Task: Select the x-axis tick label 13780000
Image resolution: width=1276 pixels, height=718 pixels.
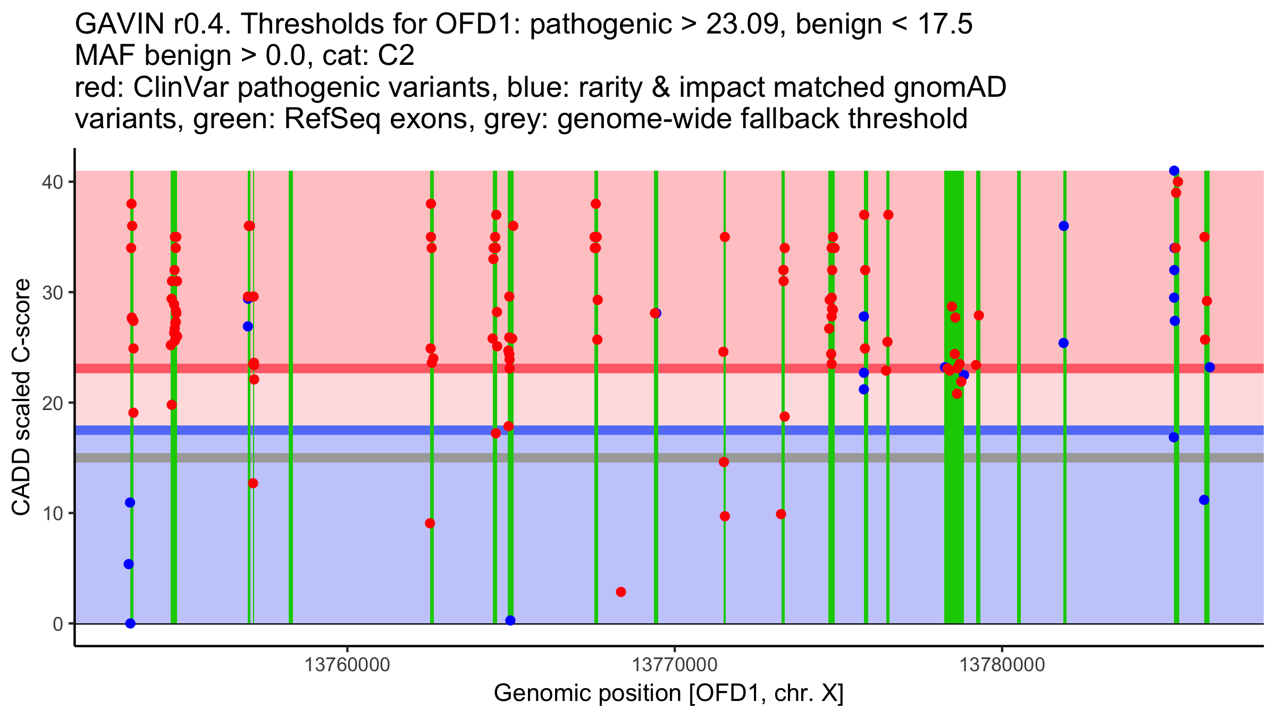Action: click(1002, 665)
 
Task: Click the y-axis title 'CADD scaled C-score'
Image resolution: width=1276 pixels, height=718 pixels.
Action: click(21, 397)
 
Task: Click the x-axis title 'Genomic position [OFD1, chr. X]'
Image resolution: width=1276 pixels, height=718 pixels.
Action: click(669, 694)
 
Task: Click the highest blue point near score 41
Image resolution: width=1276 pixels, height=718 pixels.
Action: click(1174, 171)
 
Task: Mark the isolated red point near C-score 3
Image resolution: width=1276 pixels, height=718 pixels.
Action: click(620, 592)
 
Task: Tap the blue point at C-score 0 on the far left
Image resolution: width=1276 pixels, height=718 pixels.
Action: click(130, 623)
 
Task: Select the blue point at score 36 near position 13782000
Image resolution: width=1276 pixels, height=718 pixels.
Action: click(1063, 226)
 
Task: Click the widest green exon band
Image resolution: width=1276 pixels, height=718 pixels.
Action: click(954, 397)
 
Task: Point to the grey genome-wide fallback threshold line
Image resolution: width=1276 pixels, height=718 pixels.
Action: click(669, 457)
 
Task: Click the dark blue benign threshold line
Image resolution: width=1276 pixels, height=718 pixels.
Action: click(669, 430)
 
